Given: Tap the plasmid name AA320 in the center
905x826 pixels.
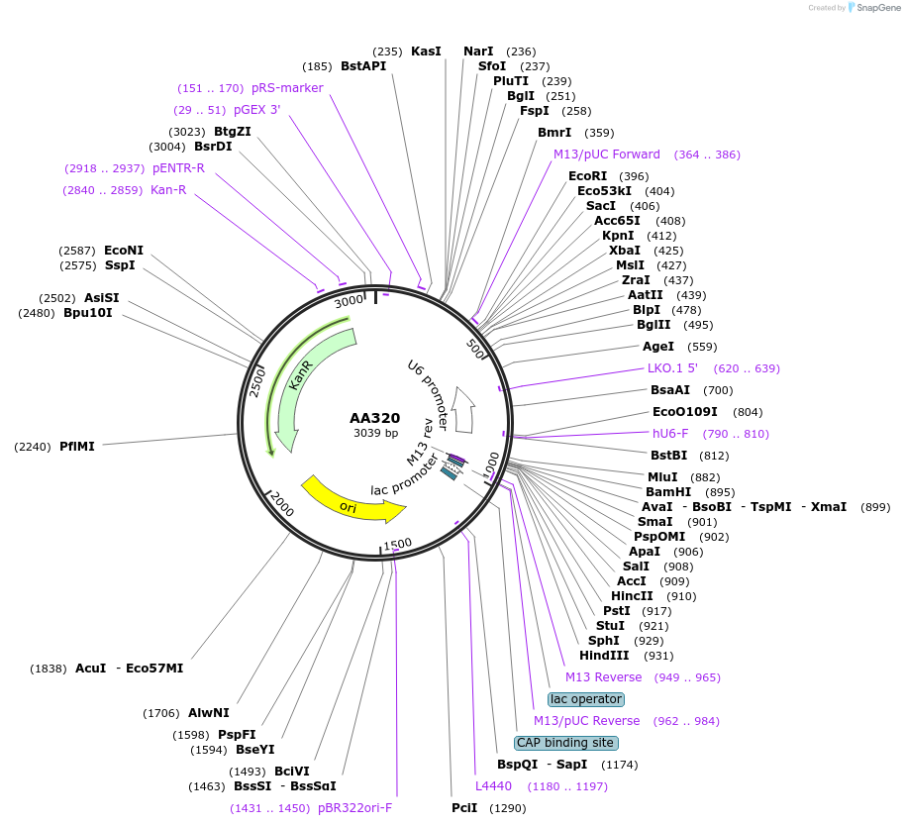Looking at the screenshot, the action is point(375,418).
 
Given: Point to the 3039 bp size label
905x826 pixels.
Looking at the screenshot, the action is point(375,433).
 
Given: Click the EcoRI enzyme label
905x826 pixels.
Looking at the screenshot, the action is point(587,176).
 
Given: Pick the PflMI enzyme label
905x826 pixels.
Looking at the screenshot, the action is point(77,447).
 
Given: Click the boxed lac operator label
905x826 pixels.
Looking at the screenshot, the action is point(586,699).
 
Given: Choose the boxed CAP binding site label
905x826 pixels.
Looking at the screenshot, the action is point(565,743).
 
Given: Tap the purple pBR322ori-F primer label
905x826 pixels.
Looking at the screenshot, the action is point(354,808).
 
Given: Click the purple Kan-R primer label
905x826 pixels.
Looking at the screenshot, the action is point(168,190).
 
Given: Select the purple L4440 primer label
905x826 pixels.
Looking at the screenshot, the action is point(493,786).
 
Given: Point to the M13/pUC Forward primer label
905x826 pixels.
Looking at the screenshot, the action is point(607,155).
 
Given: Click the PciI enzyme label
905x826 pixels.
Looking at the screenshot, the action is point(464,808).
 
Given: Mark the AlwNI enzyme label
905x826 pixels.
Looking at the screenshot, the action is point(208,713).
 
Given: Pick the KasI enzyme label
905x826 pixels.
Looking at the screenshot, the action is point(426,52).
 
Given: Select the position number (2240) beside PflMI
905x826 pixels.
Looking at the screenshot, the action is point(33,447).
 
